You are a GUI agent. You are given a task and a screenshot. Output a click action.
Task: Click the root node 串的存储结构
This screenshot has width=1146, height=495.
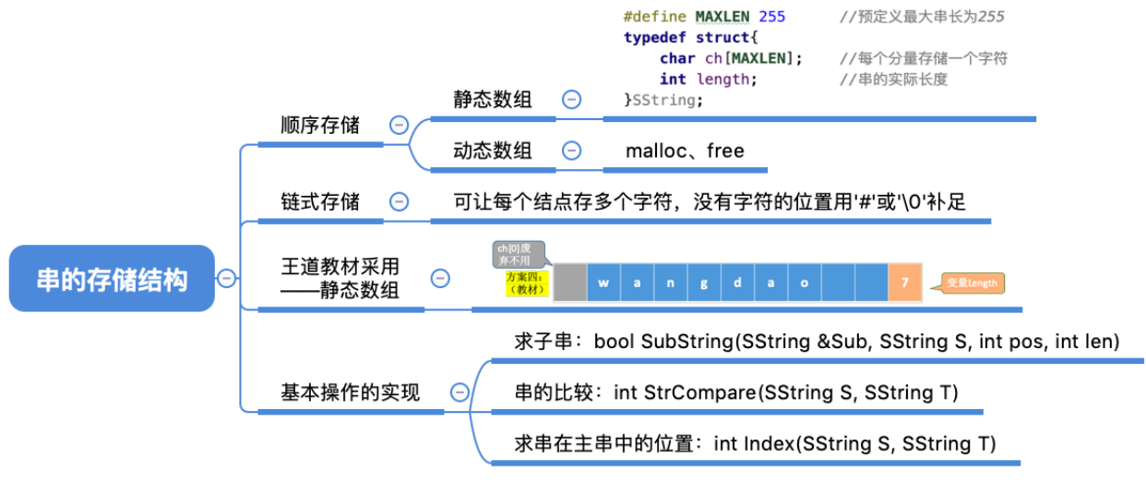coord(112,279)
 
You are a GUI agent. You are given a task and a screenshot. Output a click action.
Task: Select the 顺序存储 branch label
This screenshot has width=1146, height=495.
coord(320,125)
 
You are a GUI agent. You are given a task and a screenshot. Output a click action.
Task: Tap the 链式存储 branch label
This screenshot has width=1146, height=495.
coord(320,200)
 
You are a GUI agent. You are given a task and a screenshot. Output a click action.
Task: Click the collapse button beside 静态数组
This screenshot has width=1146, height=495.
coord(572,100)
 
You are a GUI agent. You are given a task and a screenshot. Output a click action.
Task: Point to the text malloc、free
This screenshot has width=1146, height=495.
coord(685,151)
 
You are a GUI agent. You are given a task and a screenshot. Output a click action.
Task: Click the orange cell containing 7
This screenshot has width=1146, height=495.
coord(904,283)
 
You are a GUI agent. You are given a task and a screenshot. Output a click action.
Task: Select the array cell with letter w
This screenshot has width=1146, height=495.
coord(603,283)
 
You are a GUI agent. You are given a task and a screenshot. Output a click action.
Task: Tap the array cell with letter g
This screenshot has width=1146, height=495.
coord(704,283)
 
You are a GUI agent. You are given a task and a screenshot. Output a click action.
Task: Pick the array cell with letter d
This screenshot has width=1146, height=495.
coord(737,283)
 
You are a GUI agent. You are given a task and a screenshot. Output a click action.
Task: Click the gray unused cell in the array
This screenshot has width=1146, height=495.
coord(569,283)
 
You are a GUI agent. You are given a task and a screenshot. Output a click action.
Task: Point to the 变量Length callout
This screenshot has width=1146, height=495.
coord(972,284)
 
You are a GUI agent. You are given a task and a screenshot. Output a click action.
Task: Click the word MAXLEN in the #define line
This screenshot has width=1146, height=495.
coord(722,17)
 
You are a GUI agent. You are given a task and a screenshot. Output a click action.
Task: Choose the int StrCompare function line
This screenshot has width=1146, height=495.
coord(736,392)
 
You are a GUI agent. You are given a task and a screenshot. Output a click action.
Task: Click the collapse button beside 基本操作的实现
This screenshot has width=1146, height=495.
coord(460,392)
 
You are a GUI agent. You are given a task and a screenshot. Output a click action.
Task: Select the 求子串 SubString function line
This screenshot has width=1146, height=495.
coord(817,342)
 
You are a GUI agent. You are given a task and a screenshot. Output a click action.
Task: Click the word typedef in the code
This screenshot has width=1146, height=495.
coord(652,37)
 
